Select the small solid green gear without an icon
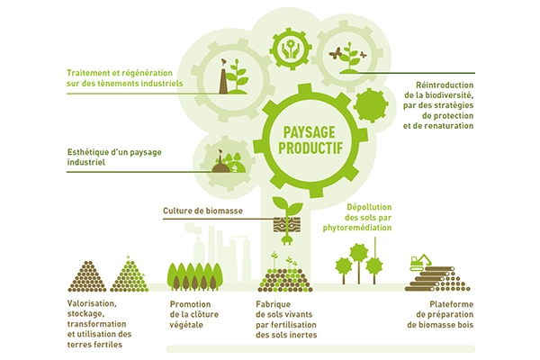pos(369,105)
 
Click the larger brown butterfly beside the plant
pos(337,53)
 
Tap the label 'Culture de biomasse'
pos(202,212)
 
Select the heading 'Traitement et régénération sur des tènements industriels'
pos(124,78)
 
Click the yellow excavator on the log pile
pos(420,262)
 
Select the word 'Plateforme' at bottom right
pos(434,304)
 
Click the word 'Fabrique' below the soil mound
pos(274,304)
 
